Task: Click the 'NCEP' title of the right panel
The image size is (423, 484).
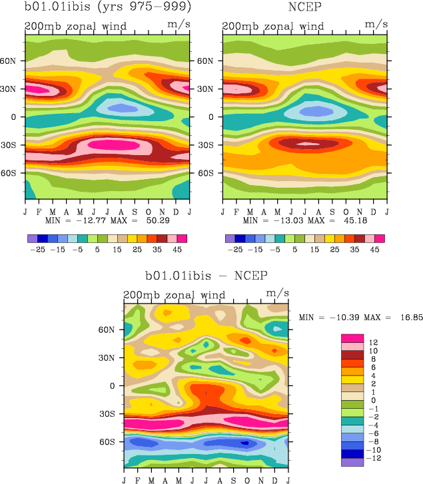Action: [306, 8]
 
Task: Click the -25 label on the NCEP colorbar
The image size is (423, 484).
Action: [235, 250]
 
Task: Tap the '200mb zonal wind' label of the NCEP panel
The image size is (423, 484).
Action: [272, 27]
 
